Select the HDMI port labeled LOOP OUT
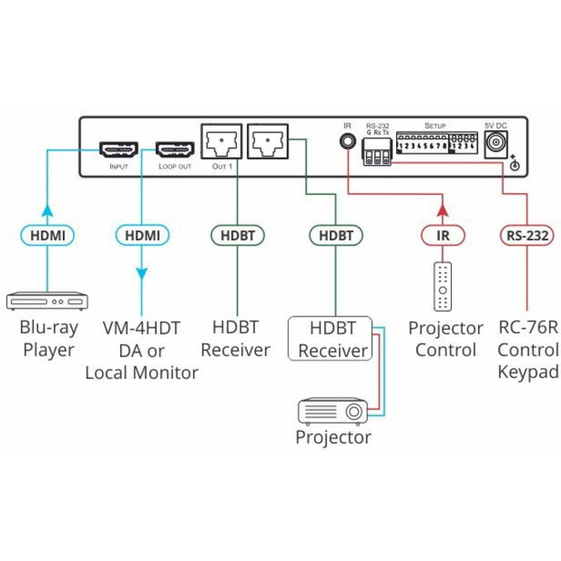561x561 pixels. pos(175,150)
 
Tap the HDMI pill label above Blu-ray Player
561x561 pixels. pos(47,236)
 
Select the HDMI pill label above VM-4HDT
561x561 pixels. pos(143,236)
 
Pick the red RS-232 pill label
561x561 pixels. pos(525,236)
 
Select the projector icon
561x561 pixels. pos(333,409)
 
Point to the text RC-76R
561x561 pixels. pos(525,328)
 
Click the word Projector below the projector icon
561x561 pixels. pos(333,437)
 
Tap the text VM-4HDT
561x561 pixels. pos(142,328)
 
